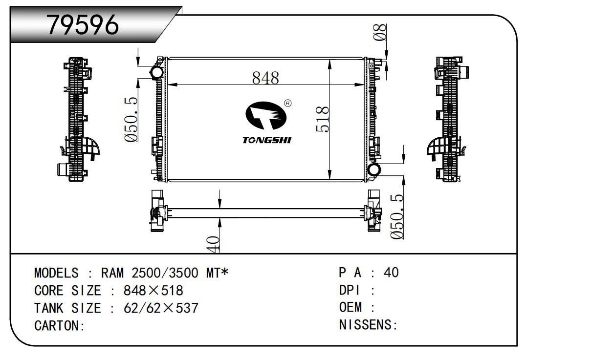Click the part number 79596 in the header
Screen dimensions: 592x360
tap(83, 25)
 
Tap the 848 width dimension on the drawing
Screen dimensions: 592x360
tap(265, 78)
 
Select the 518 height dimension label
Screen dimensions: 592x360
tap(323, 119)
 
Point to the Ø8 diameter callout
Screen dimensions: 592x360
tap(380, 32)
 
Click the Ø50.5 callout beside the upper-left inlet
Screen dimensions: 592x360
tap(131, 120)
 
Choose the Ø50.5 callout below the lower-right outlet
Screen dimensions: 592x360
tap(397, 217)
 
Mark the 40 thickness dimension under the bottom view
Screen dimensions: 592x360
tap(213, 244)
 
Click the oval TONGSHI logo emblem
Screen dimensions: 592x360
tap(266, 115)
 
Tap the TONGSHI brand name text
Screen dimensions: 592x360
tap(267, 140)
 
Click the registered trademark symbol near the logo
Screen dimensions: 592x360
tap(287, 103)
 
